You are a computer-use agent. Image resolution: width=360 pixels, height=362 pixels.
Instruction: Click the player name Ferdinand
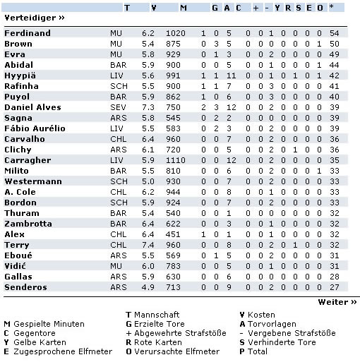tap(27, 33)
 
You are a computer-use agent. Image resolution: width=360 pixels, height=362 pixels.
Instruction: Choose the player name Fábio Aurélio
tap(35, 128)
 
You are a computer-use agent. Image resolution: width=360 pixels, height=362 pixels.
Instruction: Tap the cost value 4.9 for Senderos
tap(148, 287)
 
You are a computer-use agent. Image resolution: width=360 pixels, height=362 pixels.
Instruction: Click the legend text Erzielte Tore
tap(160, 324)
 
